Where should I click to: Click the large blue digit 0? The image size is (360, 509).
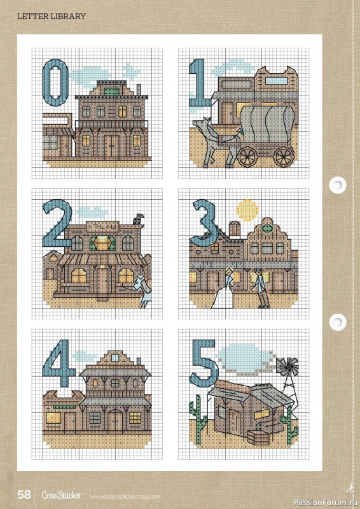tap(55, 82)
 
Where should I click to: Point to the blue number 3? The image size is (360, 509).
tap(203, 223)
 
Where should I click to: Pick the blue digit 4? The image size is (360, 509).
tap(58, 365)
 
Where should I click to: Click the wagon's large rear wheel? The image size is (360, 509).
tap(283, 155)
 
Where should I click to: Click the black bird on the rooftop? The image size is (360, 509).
tap(138, 220)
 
